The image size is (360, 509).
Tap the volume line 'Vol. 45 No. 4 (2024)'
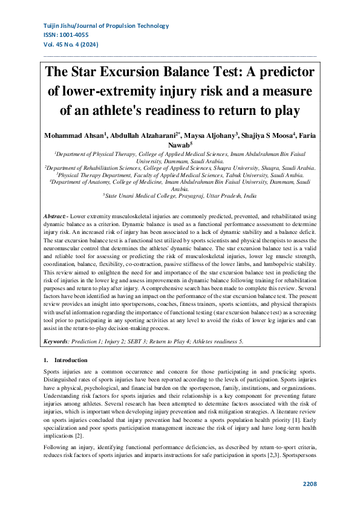pos(71,45)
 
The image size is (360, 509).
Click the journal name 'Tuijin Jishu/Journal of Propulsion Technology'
pos(106,26)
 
